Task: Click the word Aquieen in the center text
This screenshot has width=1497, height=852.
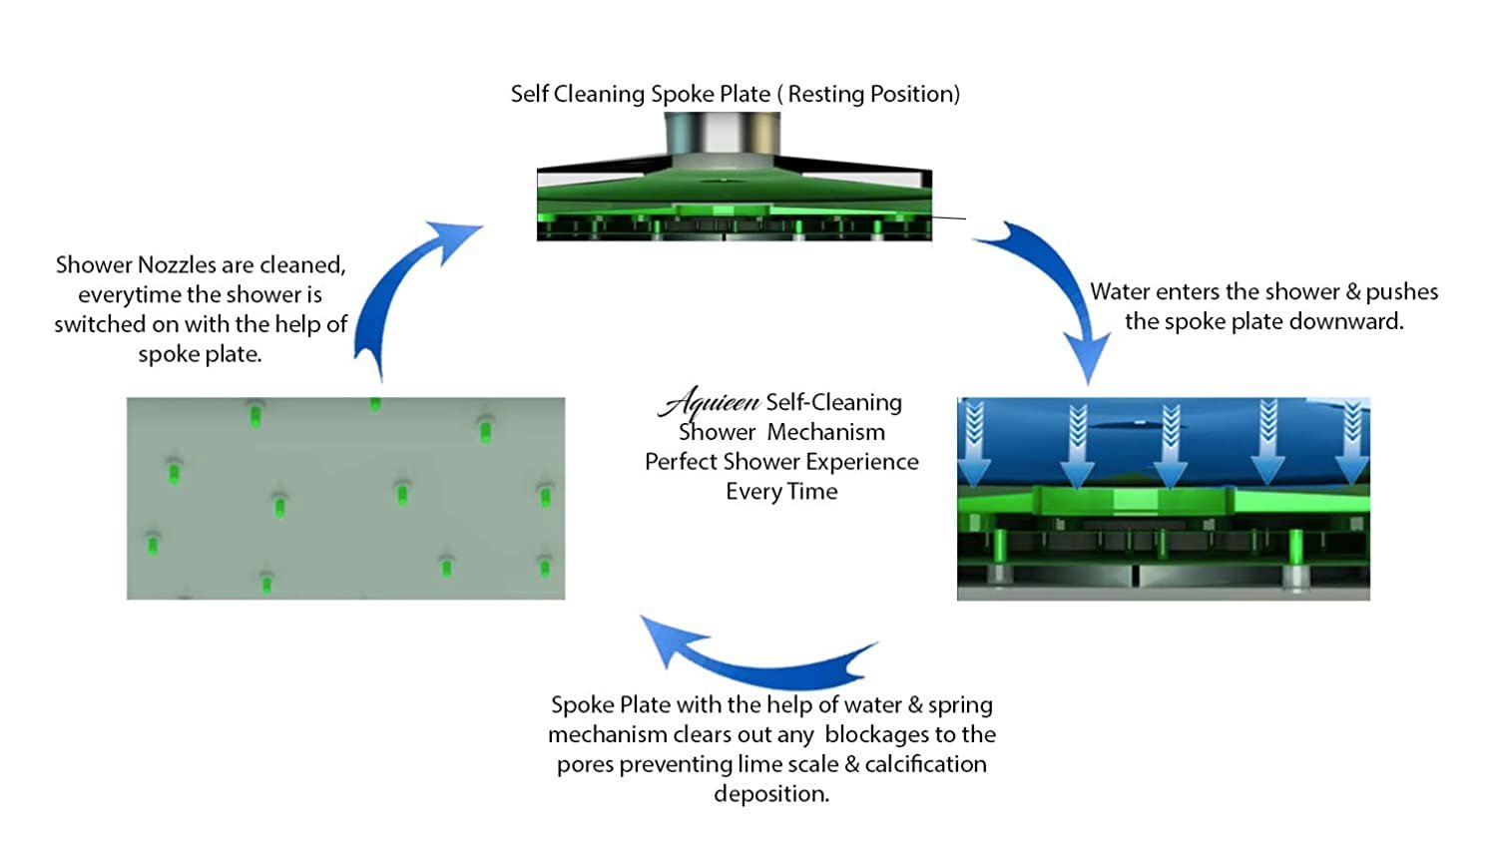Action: click(x=710, y=402)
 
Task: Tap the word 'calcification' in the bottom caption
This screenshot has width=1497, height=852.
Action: click(x=925, y=764)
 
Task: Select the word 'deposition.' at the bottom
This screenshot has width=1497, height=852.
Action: click(x=771, y=794)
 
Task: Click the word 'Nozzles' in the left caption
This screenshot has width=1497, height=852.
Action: click(x=176, y=265)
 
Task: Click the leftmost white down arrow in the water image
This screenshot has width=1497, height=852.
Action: click(x=975, y=445)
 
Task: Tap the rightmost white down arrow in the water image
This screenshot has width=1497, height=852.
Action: click(x=1351, y=445)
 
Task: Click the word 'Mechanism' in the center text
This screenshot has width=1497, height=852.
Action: click(x=825, y=432)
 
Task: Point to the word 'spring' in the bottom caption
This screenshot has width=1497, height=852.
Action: click(x=960, y=705)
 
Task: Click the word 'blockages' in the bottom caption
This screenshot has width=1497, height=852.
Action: click(x=874, y=735)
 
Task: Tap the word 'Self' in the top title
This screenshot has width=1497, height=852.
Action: click(x=529, y=94)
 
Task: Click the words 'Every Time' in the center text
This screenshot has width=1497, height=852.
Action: click(x=781, y=492)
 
